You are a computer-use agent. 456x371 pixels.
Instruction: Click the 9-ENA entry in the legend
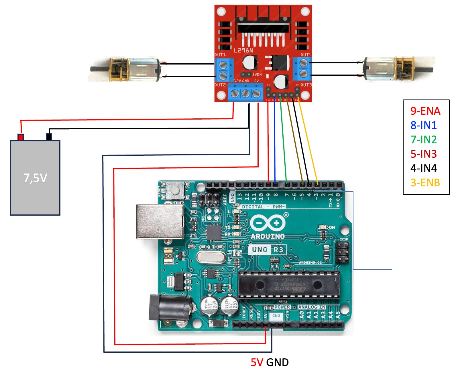tap(425, 111)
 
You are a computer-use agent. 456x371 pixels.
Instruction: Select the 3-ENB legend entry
tap(425, 183)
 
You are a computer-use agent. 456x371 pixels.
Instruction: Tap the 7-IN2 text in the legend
tap(423, 140)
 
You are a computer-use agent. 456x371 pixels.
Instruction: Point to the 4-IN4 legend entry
tap(423, 168)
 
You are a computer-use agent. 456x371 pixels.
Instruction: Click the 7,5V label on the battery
tap(35, 178)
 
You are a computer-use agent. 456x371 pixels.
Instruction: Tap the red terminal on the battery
tap(20, 137)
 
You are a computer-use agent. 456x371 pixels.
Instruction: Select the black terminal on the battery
tap(49, 137)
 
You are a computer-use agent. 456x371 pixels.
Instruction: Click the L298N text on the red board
tap(243, 50)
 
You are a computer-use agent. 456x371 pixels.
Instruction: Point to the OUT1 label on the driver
tap(220, 54)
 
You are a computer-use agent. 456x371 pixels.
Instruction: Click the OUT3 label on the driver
tap(306, 85)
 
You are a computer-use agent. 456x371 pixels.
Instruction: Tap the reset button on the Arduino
tap(174, 190)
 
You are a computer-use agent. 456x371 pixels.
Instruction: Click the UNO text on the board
tap(260, 250)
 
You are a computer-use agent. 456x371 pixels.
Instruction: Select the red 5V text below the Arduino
tap(257, 362)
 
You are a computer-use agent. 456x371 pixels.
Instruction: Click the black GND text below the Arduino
tap(277, 362)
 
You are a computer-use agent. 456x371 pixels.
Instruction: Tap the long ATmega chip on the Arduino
tap(289, 285)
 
